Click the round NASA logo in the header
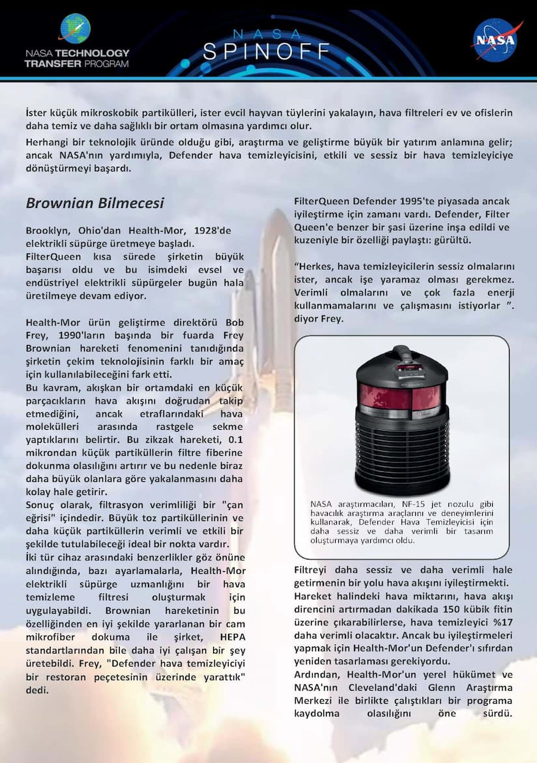coord(497,39)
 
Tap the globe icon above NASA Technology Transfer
coord(76,29)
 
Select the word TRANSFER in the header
coord(53,64)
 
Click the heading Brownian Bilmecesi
coord(94,203)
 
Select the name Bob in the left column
coord(234,322)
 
